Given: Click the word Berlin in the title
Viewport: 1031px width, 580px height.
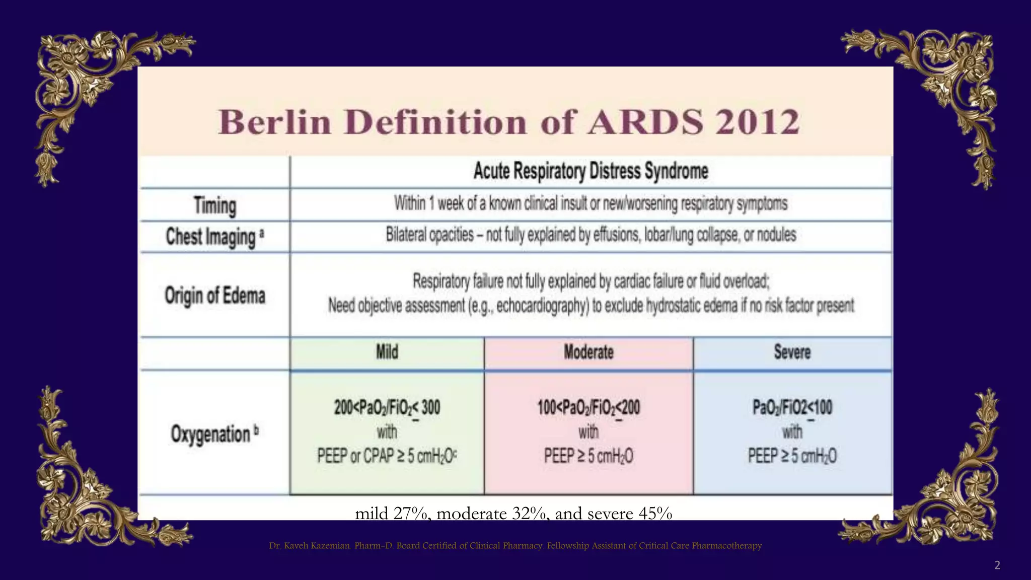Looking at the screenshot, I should (275, 122).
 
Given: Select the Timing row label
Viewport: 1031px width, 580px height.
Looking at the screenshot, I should (215, 205).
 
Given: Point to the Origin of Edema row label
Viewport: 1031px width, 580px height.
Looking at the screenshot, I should (215, 296).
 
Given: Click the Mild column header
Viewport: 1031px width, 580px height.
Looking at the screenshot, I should (387, 352).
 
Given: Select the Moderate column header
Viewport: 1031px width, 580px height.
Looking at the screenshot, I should (588, 352).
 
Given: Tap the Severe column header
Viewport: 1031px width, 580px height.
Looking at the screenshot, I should (792, 352).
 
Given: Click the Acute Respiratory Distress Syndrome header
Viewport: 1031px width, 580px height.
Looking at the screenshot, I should (591, 171).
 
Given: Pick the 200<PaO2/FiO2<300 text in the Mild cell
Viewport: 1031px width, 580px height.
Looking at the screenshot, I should (387, 407).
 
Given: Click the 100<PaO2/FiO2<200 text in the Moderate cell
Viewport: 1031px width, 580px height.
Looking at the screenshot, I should (588, 407).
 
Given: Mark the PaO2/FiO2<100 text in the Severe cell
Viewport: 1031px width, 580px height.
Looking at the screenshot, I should (792, 407).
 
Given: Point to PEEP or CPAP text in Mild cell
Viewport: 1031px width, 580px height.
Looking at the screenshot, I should (355, 456).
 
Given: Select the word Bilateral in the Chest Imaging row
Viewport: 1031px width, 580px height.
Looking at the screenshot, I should (405, 235).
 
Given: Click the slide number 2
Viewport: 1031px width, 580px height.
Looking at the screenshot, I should (997, 565).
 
